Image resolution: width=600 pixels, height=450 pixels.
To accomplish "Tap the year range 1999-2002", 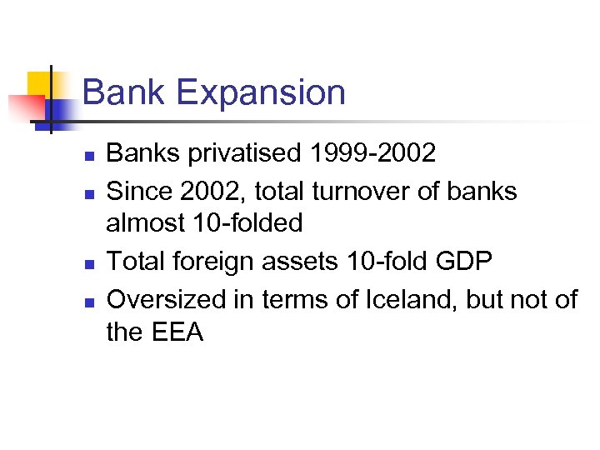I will pos(372,154).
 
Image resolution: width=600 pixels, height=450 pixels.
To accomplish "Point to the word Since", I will pos(138,191).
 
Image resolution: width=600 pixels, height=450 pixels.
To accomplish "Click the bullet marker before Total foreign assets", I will pos(90,263).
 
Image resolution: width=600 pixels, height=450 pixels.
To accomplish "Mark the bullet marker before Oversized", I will pos(90,300).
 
